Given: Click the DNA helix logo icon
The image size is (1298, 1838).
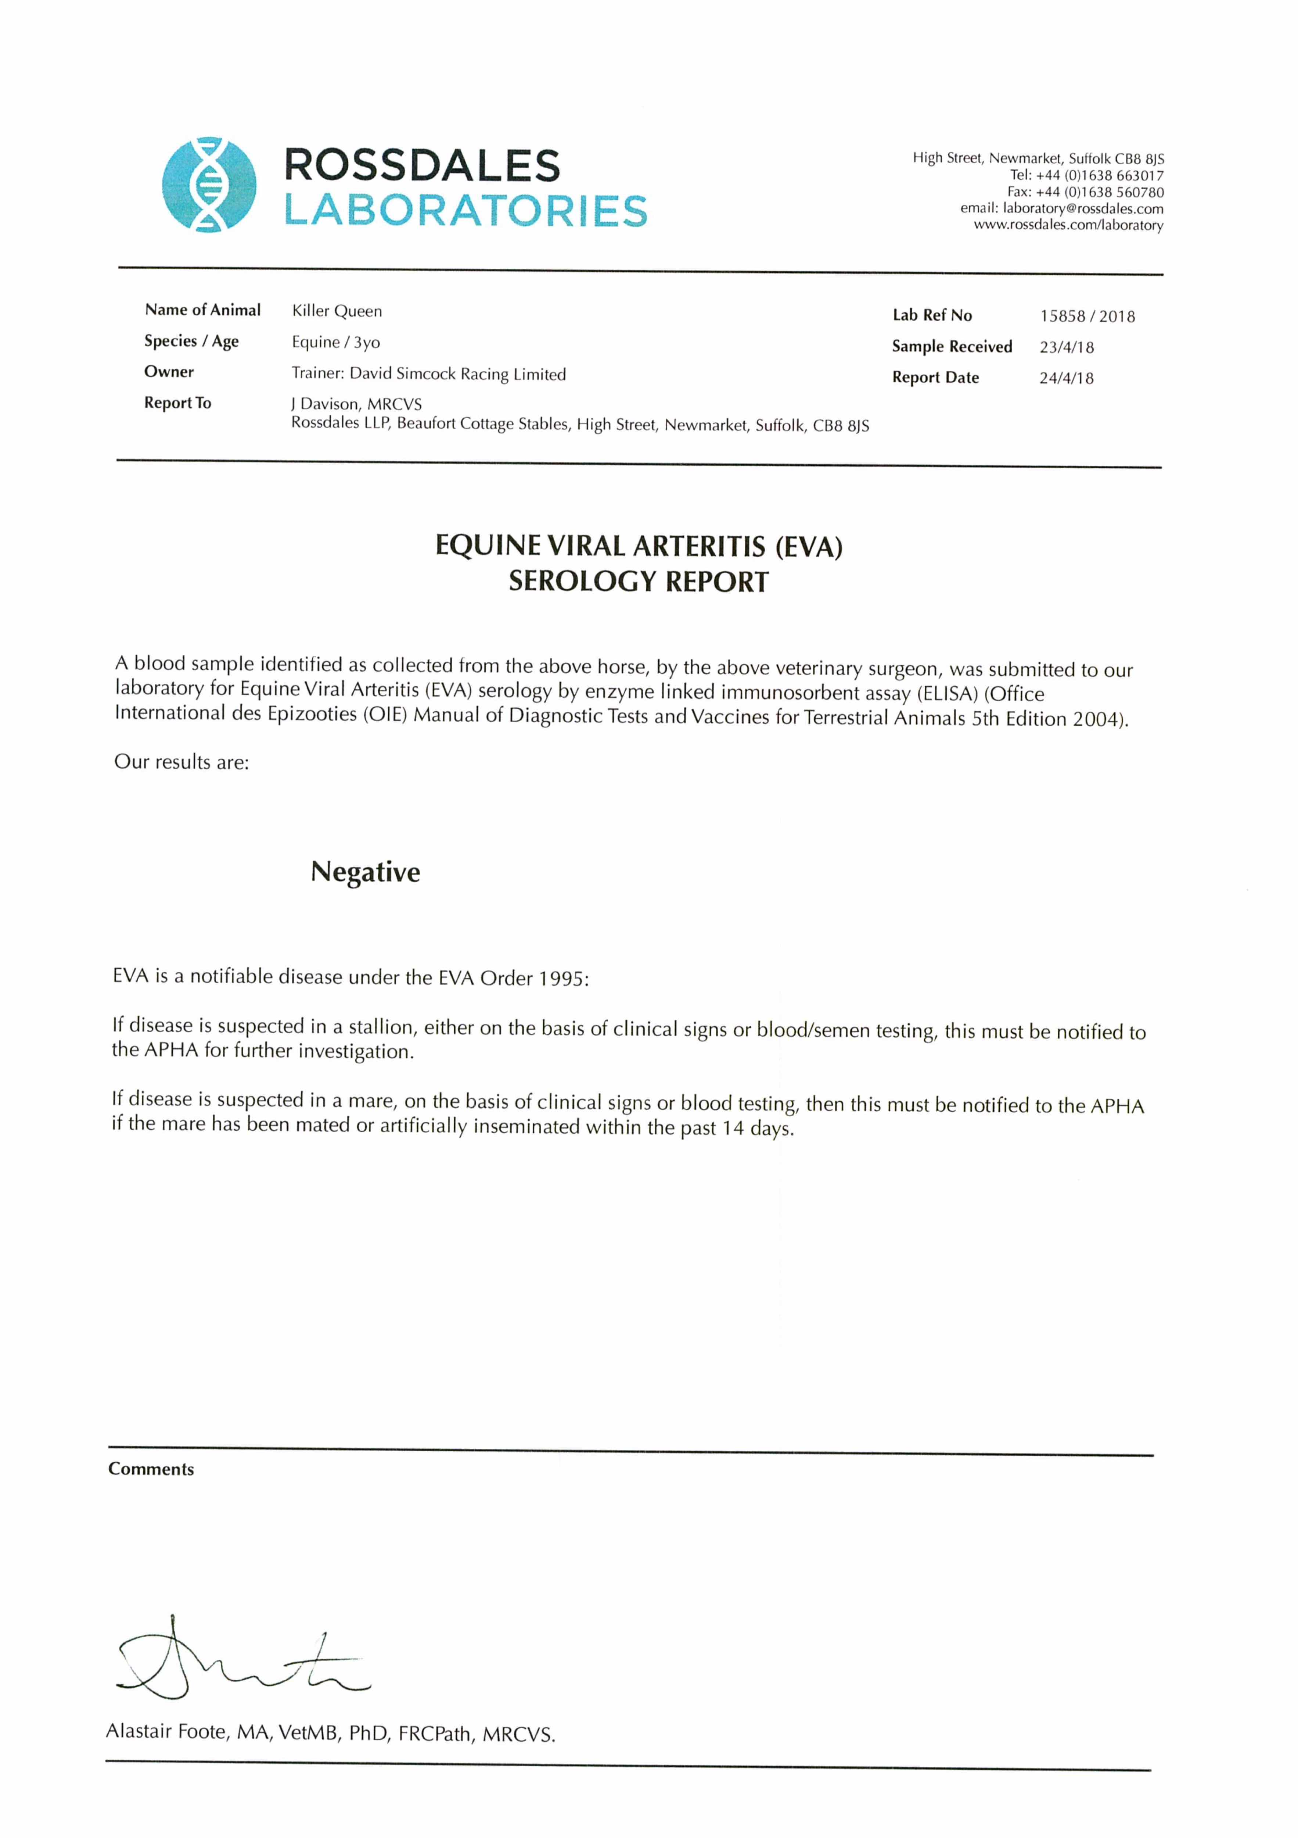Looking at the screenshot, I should tap(209, 185).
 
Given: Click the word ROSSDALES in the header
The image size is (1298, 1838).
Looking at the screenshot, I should tap(422, 166).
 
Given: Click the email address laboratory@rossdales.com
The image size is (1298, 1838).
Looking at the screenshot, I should tap(1083, 209).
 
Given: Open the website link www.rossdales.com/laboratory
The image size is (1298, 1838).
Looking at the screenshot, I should tap(1068, 226).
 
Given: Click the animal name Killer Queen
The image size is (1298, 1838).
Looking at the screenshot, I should tap(337, 311).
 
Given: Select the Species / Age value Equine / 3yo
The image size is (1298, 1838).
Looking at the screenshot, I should tap(335, 343).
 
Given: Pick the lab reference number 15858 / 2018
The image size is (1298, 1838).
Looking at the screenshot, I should tap(1087, 316).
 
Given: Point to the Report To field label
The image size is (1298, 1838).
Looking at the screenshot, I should tap(178, 403).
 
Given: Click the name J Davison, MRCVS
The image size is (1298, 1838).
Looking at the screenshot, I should tap(356, 404).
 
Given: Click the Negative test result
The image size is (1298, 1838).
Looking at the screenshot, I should tap(365, 872).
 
